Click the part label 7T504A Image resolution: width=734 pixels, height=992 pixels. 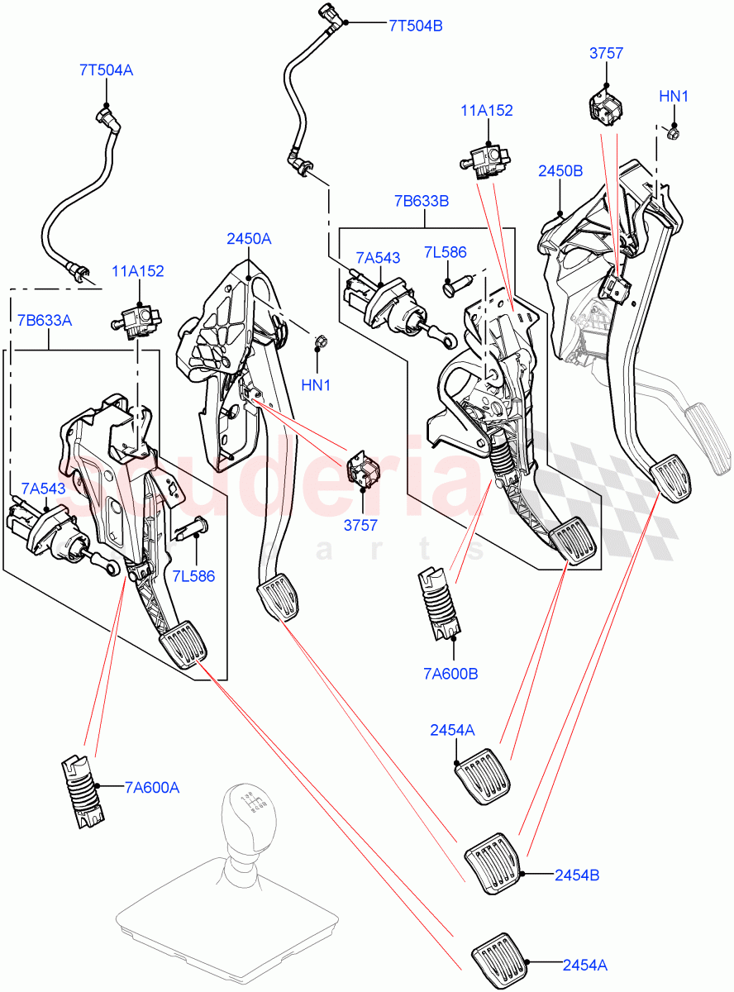coord(106,70)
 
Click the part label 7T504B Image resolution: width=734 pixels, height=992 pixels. coord(415,26)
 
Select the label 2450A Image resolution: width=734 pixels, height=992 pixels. coord(249,239)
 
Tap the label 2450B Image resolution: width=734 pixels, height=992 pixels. coord(560,171)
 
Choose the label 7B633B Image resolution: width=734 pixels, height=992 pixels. coord(422,200)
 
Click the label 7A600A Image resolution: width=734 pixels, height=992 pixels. coord(152,788)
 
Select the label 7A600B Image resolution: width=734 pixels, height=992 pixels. coord(450,673)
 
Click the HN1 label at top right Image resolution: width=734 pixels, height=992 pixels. coord(674,97)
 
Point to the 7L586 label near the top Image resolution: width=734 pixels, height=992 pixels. coord(446,251)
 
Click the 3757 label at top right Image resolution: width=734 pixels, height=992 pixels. coord(606,54)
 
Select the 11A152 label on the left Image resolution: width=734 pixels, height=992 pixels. coord(139,270)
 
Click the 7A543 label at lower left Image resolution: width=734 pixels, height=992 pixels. coord(43,489)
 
